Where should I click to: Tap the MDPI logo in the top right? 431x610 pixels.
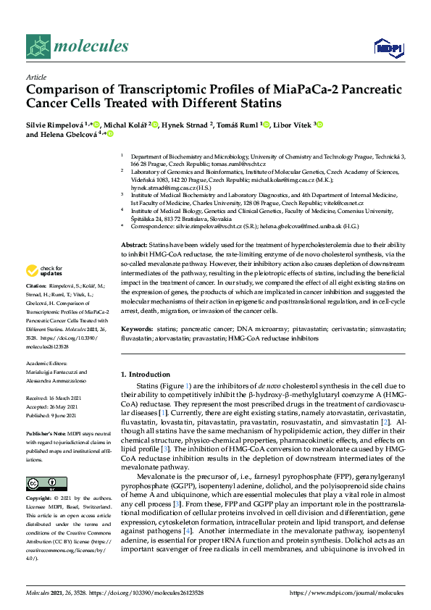pos(388,48)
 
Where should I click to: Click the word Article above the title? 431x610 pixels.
pos(35,77)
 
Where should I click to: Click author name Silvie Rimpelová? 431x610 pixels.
pos(54,125)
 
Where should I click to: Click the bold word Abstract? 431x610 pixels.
pos(133,246)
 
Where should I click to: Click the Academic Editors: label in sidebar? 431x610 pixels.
pos(46,364)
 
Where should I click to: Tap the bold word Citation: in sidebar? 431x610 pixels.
pos(38,306)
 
